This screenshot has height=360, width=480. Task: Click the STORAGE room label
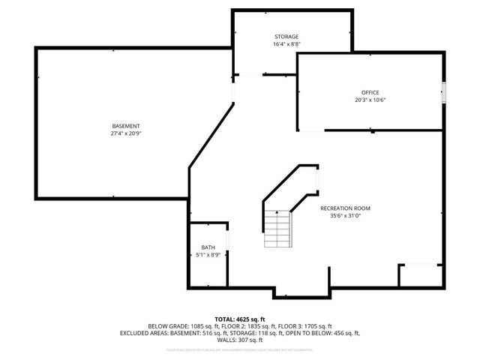pos(286,37)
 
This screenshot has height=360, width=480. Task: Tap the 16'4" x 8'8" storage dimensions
pos(286,44)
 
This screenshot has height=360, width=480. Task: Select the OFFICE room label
pos(370,92)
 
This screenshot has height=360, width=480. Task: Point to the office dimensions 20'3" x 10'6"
pos(370,100)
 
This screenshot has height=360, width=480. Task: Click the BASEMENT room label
pos(126,125)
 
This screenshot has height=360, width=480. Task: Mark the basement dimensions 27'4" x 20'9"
pos(126,133)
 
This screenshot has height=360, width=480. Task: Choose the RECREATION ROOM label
pos(345,208)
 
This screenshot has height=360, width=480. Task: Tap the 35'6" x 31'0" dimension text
pos(345,216)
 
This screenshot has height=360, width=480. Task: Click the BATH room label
pos(208,247)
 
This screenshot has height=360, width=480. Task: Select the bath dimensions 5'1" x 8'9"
pos(208,255)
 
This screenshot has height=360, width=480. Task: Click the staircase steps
pos(277,229)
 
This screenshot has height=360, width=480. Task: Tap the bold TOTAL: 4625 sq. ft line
pos(240,319)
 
